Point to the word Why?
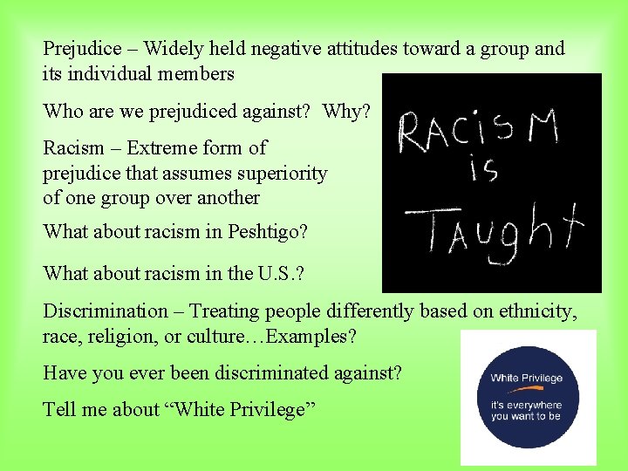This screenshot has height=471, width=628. (346, 112)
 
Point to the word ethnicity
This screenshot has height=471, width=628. (538, 311)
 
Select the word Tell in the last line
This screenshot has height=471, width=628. (59, 410)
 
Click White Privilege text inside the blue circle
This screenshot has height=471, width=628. (526, 378)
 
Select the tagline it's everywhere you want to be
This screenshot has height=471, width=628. (526, 410)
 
